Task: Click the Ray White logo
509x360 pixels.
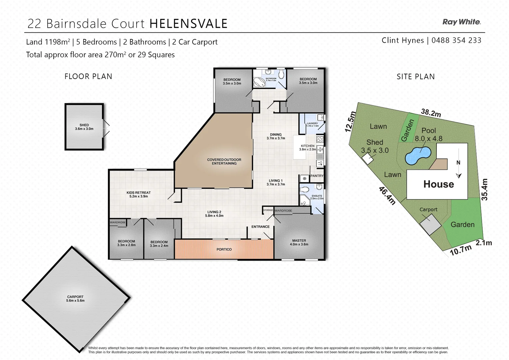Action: pos(461,22)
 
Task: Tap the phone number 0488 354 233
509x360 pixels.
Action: pos(456,40)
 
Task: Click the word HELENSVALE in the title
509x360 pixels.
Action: pos(189,24)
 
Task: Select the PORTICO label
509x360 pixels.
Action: pos(224,249)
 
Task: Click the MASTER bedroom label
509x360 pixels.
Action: pos(299,241)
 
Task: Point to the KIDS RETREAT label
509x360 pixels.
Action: pos(139,193)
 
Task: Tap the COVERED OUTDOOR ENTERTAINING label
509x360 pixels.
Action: pos(224,161)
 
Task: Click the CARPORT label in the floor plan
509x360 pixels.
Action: pos(75,297)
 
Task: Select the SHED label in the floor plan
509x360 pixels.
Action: pos(84,125)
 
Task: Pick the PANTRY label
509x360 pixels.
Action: pos(317,176)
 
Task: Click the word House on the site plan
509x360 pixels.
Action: pos(439,184)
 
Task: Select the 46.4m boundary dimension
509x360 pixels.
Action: pos(387,195)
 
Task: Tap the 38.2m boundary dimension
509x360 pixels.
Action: pos(431,113)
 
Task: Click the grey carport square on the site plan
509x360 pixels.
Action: pos(430,224)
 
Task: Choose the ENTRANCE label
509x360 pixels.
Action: pos(260,227)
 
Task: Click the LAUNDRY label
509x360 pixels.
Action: pos(312,123)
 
